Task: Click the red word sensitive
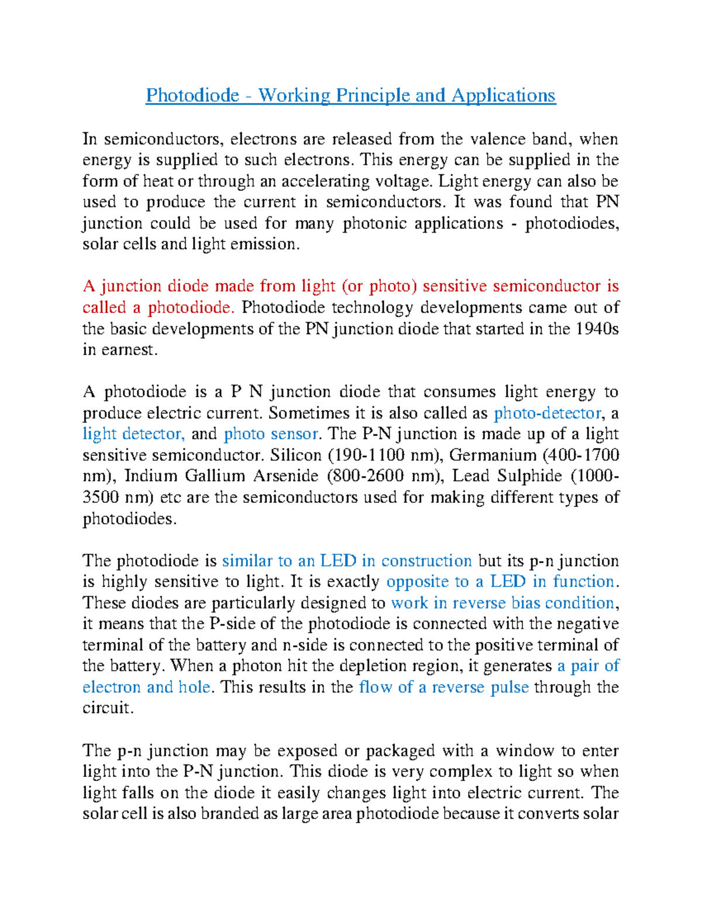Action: click(455, 286)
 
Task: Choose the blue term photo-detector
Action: click(548, 413)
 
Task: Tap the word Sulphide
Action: click(529, 477)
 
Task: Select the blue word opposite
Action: click(419, 582)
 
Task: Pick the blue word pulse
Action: click(509, 687)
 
